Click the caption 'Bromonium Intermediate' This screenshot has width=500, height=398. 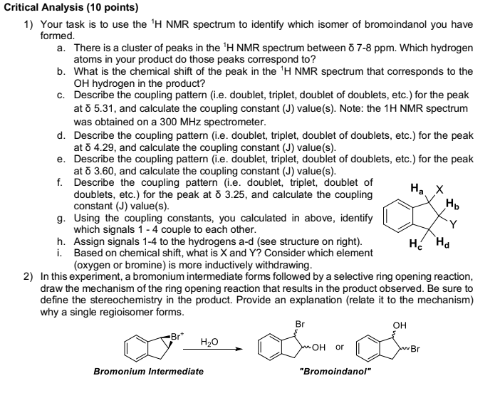(148, 371)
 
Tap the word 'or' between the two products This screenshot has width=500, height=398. (340, 347)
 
